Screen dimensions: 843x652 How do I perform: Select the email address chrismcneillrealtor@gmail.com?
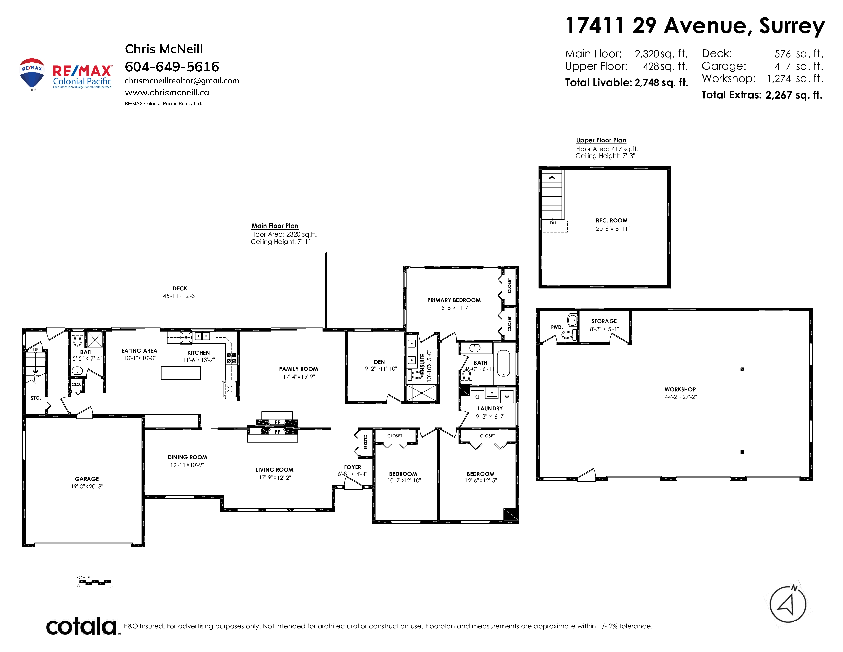(x=182, y=81)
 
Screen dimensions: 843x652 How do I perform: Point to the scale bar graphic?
(x=94, y=582)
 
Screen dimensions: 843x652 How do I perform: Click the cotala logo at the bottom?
(x=82, y=626)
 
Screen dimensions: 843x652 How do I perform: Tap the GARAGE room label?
(x=87, y=479)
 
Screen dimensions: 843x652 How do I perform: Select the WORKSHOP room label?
(x=680, y=389)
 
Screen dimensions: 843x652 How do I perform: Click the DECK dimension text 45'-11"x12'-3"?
(x=180, y=296)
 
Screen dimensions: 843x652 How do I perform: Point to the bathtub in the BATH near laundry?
(x=503, y=363)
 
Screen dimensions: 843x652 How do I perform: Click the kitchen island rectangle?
(x=181, y=373)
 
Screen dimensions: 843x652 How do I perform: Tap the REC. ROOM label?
(x=612, y=221)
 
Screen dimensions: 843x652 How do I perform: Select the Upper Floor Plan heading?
(x=601, y=140)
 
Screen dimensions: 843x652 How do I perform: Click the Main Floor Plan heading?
(x=275, y=226)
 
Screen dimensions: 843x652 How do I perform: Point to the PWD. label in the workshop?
(x=557, y=327)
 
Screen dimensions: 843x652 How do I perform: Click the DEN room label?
(x=379, y=362)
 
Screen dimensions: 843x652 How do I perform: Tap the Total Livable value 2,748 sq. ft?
(x=661, y=83)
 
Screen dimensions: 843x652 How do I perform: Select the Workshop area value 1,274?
(x=779, y=79)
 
